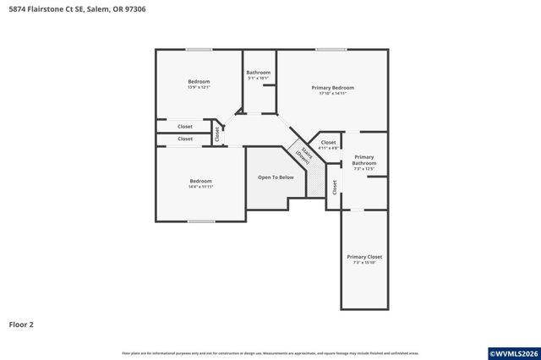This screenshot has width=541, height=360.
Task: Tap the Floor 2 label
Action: point(22,324)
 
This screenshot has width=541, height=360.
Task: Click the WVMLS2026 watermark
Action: point(512,352)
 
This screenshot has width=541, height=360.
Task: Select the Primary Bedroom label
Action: point(332,88)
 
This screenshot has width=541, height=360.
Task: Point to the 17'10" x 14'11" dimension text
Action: point(332,94)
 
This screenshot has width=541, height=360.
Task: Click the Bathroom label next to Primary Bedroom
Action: point(258,73)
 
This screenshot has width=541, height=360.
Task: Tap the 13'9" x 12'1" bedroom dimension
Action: point(199,87)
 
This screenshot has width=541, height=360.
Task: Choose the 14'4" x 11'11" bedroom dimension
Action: point(200,187)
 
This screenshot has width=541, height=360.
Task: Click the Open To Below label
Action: point(276,177)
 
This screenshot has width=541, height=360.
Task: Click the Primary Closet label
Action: point(364,257)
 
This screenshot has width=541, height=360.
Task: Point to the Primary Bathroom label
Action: point(363,160)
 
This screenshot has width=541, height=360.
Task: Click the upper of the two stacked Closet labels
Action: point(184,127)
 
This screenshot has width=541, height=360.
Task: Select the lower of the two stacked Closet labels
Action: point(184,139)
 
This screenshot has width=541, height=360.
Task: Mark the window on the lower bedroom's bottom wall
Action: point(200,222)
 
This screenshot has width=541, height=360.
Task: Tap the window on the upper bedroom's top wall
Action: point(199,49)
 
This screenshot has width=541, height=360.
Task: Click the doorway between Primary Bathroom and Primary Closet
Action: point(357,210)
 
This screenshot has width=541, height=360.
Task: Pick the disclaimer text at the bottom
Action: point(270,353)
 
